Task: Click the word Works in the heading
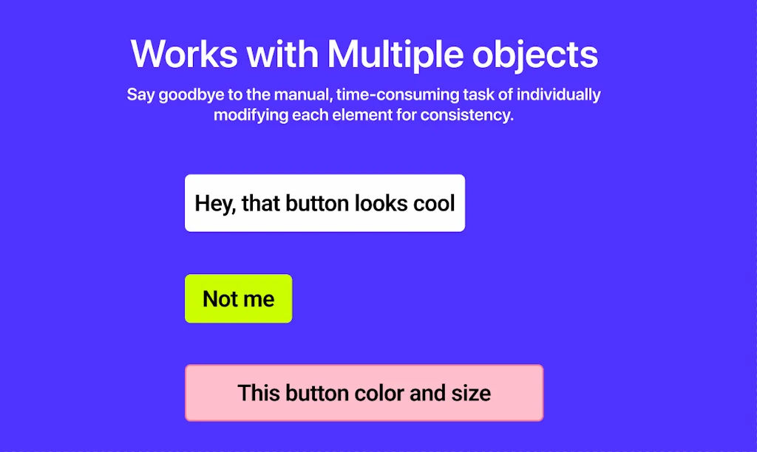184,53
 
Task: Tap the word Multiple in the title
395,53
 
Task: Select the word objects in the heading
535,55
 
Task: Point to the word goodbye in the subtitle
191,95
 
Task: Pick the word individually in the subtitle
559,95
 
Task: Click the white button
325,203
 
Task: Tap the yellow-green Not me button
239,298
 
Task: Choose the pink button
364,393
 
